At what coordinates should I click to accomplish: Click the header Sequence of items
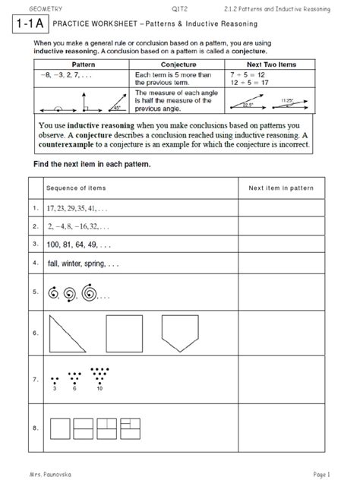pos(76,188)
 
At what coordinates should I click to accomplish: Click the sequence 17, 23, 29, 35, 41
pos(77,207)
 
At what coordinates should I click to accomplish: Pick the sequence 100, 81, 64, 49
pos(78,245)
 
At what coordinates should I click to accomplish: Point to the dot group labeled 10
pos(99,374)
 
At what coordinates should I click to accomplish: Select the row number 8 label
pos(36,429)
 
